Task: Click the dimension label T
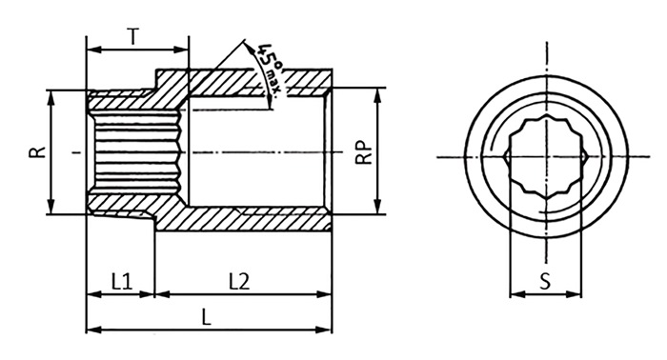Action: (x=133, y=36)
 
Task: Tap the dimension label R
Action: (x=37, y=152)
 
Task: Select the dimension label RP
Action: (x=364, y=152)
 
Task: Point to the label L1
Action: (x=122, y=281)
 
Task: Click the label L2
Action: (x=239, y=281)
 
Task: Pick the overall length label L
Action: (x=207, y=317)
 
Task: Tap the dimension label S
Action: (x=545, y=281)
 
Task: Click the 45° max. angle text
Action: (x=268, y=68)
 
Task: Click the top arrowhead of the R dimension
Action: (x=51, y=97)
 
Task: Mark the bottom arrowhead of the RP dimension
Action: (x=377, y=207)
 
